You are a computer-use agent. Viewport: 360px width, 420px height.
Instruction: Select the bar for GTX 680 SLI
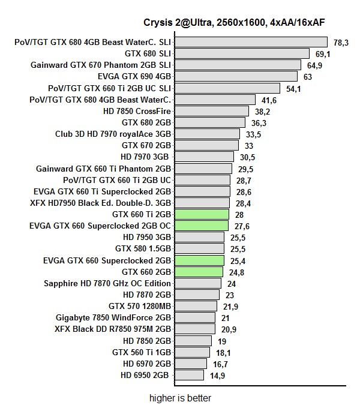pyautogui.click(x=242, y=54)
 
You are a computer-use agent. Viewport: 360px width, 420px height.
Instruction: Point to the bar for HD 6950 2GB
pyautogui.click(x=190, y=375)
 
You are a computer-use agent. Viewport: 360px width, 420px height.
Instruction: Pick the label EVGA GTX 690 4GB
pyautogui.click(x=134, y=77)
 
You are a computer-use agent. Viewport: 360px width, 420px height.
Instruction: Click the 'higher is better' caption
pyautogui.click(x=180, y=398)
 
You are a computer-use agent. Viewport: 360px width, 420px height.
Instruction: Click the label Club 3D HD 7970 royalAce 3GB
pyautogui.click(x=113, y=134)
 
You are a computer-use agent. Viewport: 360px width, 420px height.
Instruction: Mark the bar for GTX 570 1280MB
pyautogui.click(x=196, y=306)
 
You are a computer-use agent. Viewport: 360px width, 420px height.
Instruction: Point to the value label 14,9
pyautogui.click(x=217, y=376)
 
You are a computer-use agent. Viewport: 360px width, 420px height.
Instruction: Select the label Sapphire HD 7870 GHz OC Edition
pyautogui.click(x=108, y=283)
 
